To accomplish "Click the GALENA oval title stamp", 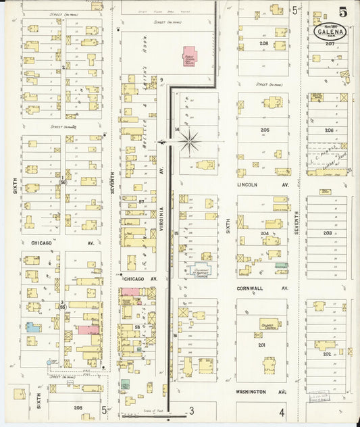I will (331, 31).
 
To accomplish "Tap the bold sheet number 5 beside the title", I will (343, 11).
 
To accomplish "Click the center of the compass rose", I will (190, 141).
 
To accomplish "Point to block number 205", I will (265, 129).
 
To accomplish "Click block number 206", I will (329, 130).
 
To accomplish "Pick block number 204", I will (265, 232).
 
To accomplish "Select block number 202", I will (327, 353).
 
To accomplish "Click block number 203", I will (327, 233).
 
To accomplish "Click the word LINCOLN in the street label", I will (248, 184).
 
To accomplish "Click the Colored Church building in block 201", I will (270, 324).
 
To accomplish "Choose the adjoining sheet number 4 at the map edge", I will (281, 410).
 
